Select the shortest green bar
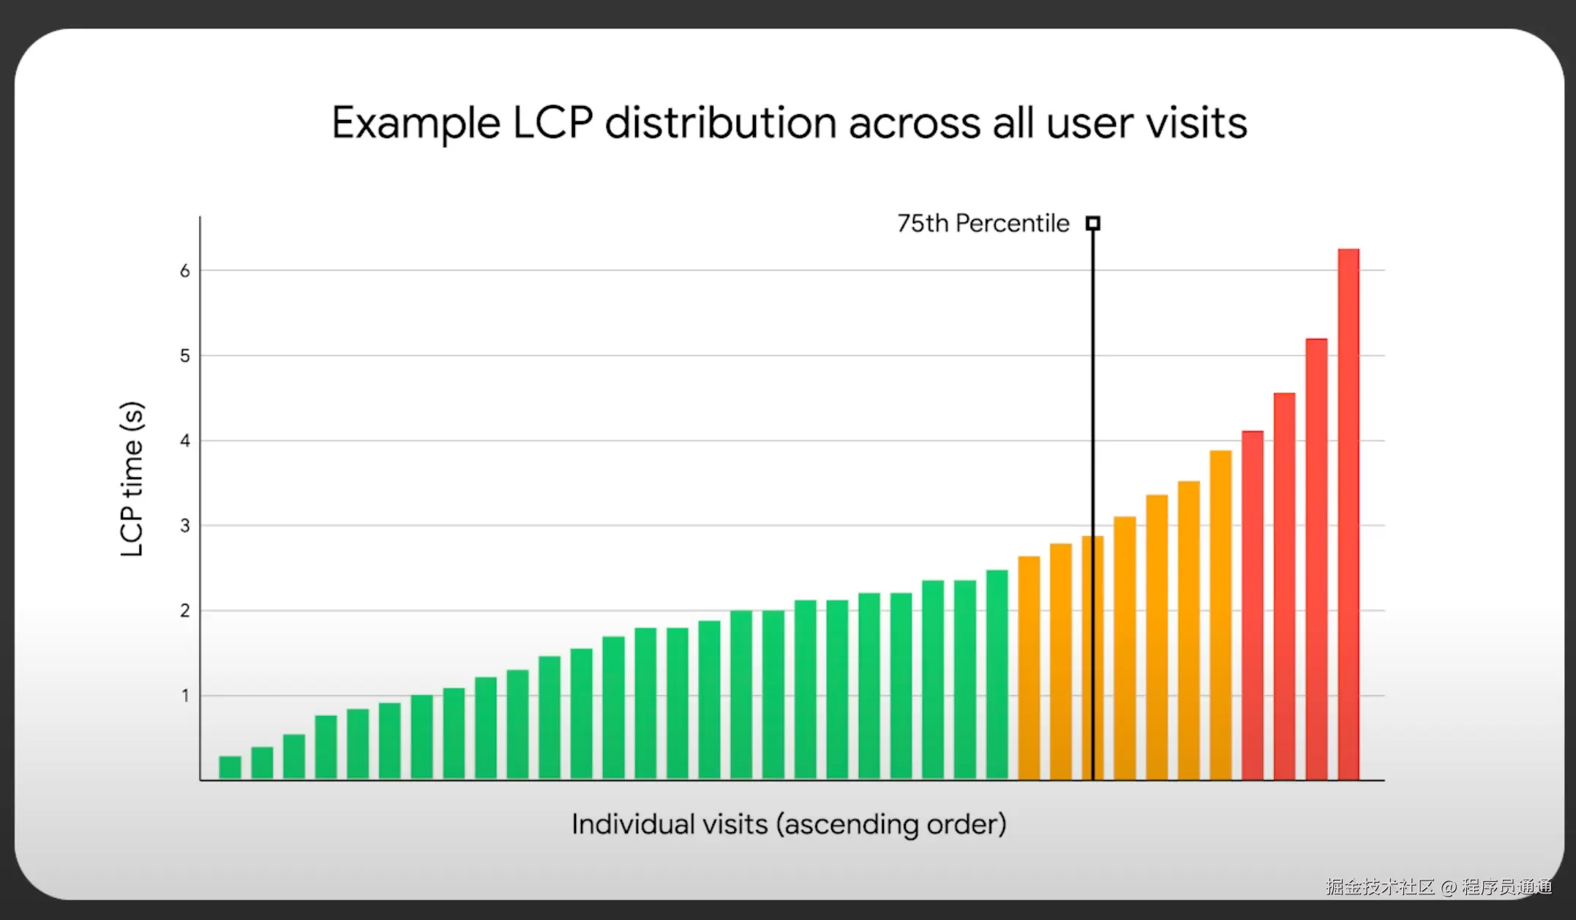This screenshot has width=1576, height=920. [x=230, y=767]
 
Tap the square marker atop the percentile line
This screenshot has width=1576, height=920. [x=1093, y=223]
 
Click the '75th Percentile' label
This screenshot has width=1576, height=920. [x=983, y=223]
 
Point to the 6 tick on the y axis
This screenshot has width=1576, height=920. [x=185, y=271]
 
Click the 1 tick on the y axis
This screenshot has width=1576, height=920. [x=185, y=696]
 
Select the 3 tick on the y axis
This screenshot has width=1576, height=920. [x=185, y=526]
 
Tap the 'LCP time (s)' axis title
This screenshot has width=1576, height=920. [x=132, y=479]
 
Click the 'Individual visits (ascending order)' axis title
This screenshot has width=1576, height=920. [x=789, y=824]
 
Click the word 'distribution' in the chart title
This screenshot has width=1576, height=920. [x=720, y=123]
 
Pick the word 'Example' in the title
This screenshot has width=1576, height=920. [x=416, y=123]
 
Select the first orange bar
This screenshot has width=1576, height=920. [x=1029, y=668]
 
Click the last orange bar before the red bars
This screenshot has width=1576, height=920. [x=1220, y=615]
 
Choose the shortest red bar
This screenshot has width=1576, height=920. [x=1253, y=606]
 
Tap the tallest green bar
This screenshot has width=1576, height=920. [x=997, y=675]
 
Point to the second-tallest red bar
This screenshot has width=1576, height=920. [x=1316, y=559]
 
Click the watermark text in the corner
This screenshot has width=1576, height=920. [x=1438, y=887]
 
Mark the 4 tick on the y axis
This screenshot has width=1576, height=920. [x=185, y=441]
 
